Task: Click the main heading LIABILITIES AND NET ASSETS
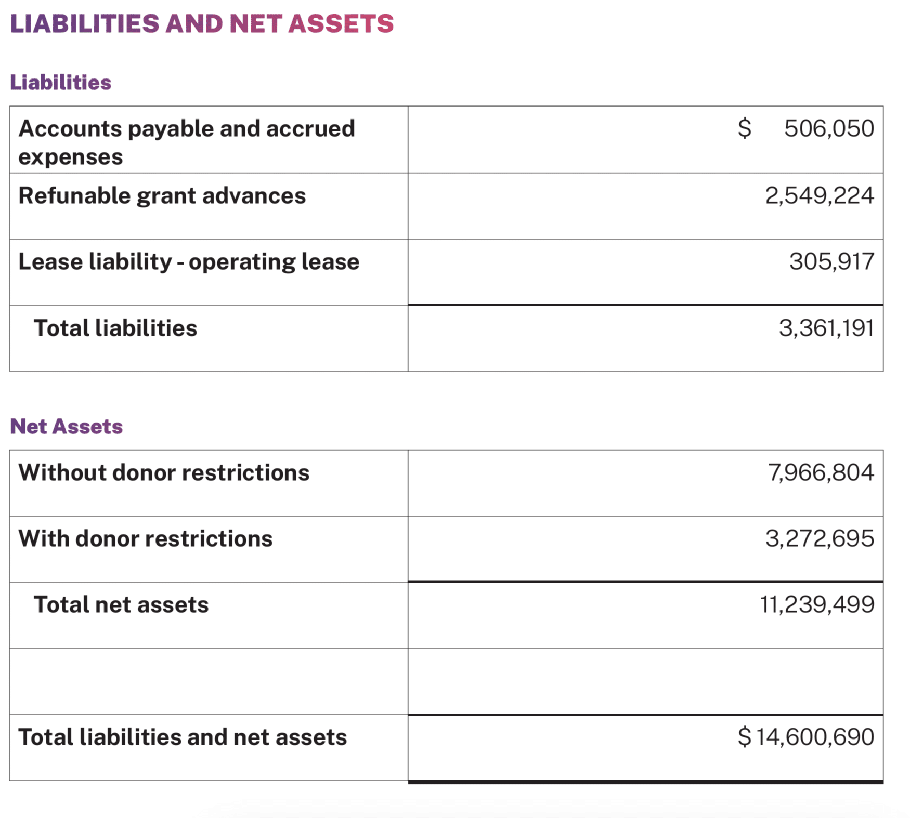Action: coord(202,24)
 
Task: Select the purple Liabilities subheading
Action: coord(60,82)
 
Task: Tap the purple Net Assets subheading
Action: coord(66,426)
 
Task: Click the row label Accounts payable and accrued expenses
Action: coord(186,142)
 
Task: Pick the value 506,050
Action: coord(829,128)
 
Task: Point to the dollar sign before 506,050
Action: coord(744,128)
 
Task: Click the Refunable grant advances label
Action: coord(162,195)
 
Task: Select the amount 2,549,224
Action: coord(819,195)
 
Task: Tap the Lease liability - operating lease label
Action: coord(188,261)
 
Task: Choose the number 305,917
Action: coord(831,261)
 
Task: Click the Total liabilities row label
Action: coord(115,328)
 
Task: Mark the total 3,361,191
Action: coord(826,328)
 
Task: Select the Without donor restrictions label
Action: coord(163,472)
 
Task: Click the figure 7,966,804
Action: coord(821,472)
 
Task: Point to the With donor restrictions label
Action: coord(145,538)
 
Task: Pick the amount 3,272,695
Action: coord(819,538)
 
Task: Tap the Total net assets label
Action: coord(121,604)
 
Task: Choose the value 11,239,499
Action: coord(816,604)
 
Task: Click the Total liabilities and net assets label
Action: coord(182,737)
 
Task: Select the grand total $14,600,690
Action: coord(805,737)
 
